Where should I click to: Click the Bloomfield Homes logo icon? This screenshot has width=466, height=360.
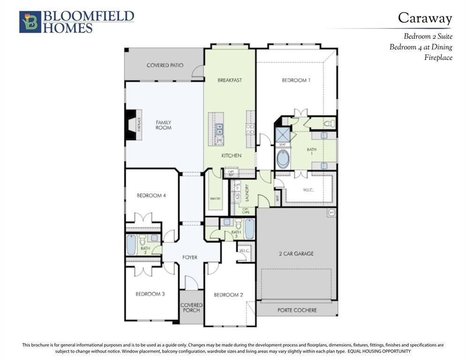30,22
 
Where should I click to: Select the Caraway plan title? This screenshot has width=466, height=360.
425,18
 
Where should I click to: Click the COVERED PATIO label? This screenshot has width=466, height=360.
165,65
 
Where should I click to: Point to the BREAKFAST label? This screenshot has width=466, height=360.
230,80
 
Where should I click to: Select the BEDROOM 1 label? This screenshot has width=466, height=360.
296,80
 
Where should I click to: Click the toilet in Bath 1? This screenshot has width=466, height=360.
330,124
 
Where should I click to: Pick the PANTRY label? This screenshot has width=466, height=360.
215,199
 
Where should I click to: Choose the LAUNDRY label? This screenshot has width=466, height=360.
246,193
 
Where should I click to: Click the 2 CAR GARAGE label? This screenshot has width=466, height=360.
296,254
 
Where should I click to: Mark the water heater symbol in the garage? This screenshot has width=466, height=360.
331,213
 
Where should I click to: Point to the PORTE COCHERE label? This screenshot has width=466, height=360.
297,310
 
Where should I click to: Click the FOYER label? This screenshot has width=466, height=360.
190,257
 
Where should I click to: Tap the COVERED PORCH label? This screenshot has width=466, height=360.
191,307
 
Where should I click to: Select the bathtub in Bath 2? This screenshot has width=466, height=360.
131,245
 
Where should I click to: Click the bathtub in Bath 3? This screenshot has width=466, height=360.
249,228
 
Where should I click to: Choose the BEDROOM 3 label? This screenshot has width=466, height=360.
150,294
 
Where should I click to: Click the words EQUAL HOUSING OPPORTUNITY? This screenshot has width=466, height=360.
379,351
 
